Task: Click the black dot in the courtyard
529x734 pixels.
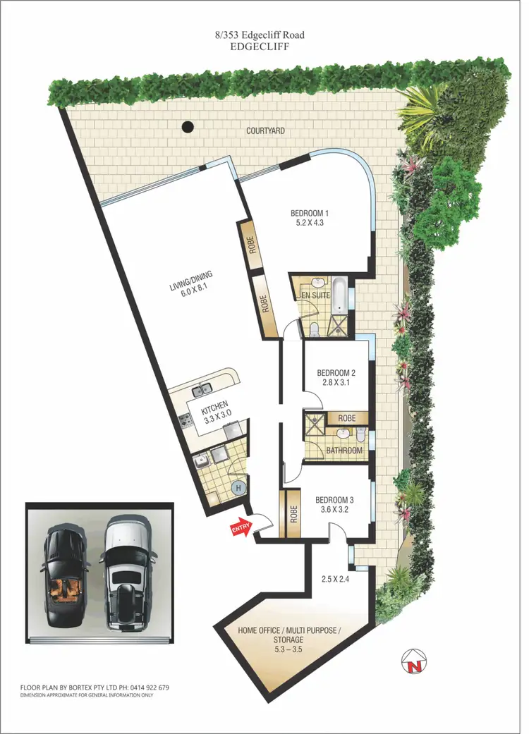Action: coord(187,128)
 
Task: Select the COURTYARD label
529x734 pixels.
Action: coord(266,131)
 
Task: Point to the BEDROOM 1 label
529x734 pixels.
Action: coord(310,213)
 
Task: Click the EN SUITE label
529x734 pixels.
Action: coord(315,296)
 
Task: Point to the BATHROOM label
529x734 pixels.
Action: coord(343,451)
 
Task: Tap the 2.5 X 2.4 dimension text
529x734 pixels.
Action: coord(334,580)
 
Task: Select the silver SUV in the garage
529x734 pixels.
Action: coord(127,573)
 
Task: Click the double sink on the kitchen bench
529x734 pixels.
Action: coord(202,388)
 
